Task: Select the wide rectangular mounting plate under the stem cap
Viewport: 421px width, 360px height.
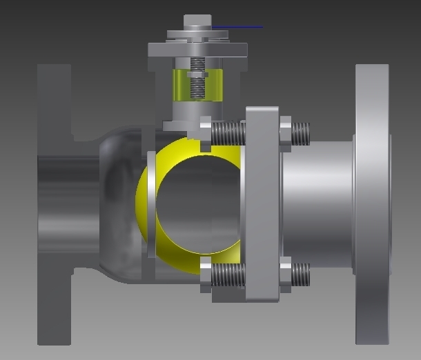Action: (197, 50)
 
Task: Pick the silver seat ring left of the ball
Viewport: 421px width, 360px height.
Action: (151, 205)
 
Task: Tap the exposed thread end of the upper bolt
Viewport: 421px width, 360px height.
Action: (302, 133)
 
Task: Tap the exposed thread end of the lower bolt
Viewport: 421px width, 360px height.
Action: (301, 274)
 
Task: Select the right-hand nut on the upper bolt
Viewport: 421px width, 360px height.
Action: (286, 134)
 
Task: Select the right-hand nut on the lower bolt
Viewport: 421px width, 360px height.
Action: (286, 274)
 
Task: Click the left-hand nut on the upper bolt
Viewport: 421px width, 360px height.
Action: (205, 134)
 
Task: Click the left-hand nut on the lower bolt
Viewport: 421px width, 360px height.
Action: (205, 274)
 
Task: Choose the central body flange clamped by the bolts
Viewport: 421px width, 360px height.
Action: (262, 203)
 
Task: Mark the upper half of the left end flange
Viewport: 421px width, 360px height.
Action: (54, 103)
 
